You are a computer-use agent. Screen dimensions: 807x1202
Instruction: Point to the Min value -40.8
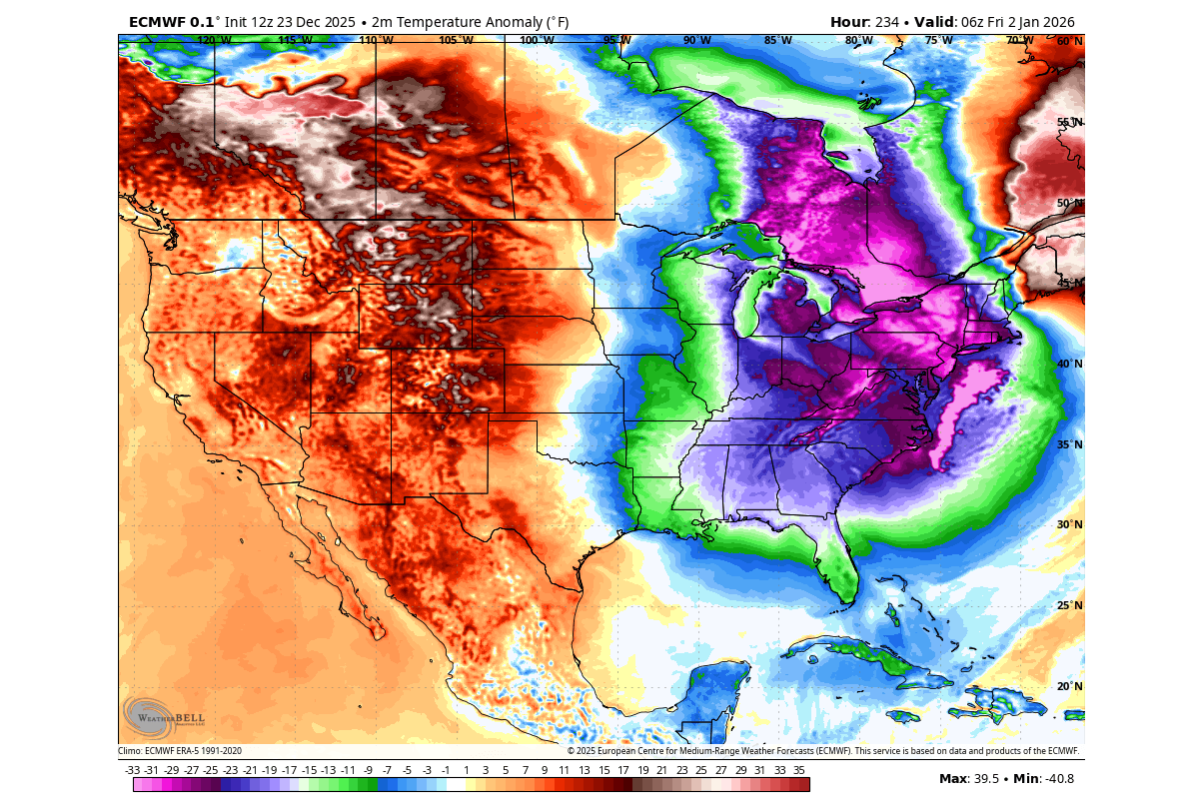pos(1056,779)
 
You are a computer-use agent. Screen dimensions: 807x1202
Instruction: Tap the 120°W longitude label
pos(214,41)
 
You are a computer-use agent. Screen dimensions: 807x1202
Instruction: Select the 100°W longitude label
pos(537,41)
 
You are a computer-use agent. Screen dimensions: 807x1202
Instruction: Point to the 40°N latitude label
pos(1069,365)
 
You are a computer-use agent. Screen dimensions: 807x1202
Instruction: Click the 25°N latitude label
pos(1069,606)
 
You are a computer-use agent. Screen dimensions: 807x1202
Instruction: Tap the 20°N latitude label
pos(1069,687)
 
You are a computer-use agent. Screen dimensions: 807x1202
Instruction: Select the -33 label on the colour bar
pos(132,770)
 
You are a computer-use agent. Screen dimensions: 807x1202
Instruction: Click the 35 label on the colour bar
pos(799,770)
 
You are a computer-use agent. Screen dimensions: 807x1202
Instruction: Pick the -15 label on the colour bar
pos(309,770)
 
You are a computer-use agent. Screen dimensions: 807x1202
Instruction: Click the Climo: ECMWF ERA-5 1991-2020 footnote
pos(180,751)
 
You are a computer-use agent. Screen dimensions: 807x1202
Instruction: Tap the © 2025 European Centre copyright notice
pos(823,751)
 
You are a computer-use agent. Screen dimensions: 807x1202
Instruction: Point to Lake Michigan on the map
pos(743,305)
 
